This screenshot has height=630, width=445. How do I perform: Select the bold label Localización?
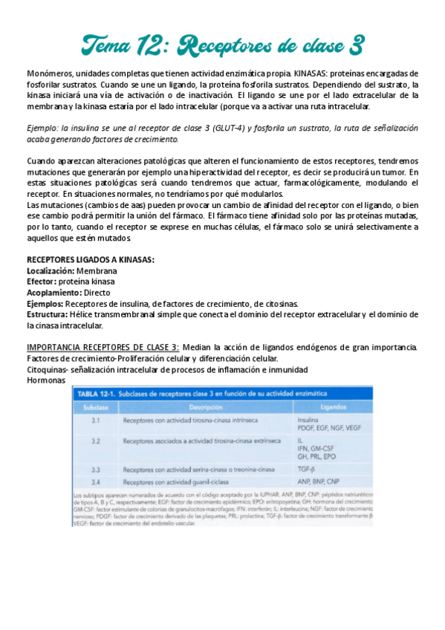[x=51, y=271]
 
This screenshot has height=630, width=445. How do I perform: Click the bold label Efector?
[x=42, y=282]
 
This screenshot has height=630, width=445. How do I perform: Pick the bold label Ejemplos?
[x=45, y=304]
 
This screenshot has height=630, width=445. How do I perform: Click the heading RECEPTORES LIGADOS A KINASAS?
[x=91, y=260]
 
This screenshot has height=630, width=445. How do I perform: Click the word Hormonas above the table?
[x=45, y=380]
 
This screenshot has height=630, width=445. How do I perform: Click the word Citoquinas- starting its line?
[x=50, y=369]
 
